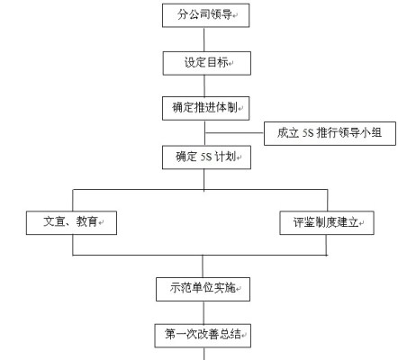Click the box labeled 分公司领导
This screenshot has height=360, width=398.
206,15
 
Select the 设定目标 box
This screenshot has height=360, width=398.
207,63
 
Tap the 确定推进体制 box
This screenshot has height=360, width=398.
206,108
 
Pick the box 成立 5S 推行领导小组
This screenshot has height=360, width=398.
330,133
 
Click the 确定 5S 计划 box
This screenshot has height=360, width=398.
206,157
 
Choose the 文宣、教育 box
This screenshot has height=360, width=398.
71,222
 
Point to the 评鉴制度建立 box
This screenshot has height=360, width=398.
327,222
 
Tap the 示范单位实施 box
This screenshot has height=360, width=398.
203,289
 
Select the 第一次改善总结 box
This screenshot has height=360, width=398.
203,336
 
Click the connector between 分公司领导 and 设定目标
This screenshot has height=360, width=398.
204,40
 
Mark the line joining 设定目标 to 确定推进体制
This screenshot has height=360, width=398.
204,85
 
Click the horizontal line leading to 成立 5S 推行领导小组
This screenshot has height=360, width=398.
234,132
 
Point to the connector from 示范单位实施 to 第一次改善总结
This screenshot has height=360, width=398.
204,312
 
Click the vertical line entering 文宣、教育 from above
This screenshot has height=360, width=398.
73,200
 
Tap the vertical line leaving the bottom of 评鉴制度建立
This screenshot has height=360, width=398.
326,245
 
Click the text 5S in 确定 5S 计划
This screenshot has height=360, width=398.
206,157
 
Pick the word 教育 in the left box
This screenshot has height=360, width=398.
86,221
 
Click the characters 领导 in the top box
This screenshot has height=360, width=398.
222,14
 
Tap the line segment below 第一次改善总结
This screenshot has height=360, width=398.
204,354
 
